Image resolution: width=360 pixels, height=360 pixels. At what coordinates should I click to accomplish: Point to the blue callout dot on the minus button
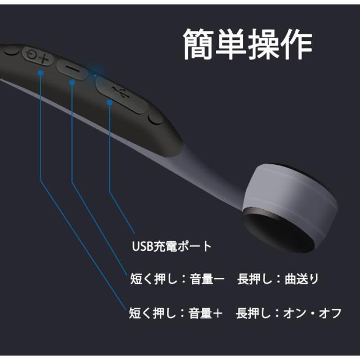click(x=72, y=83)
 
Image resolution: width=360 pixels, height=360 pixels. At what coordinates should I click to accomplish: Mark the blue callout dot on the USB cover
click(x=109, y=102)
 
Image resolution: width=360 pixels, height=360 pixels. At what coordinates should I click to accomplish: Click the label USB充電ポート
click(x=172, y=246)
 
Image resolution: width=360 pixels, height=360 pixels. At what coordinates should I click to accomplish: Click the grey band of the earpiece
click(x=292, y=194)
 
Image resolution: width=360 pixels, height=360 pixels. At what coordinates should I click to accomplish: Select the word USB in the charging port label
click(x=141, y=246)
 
